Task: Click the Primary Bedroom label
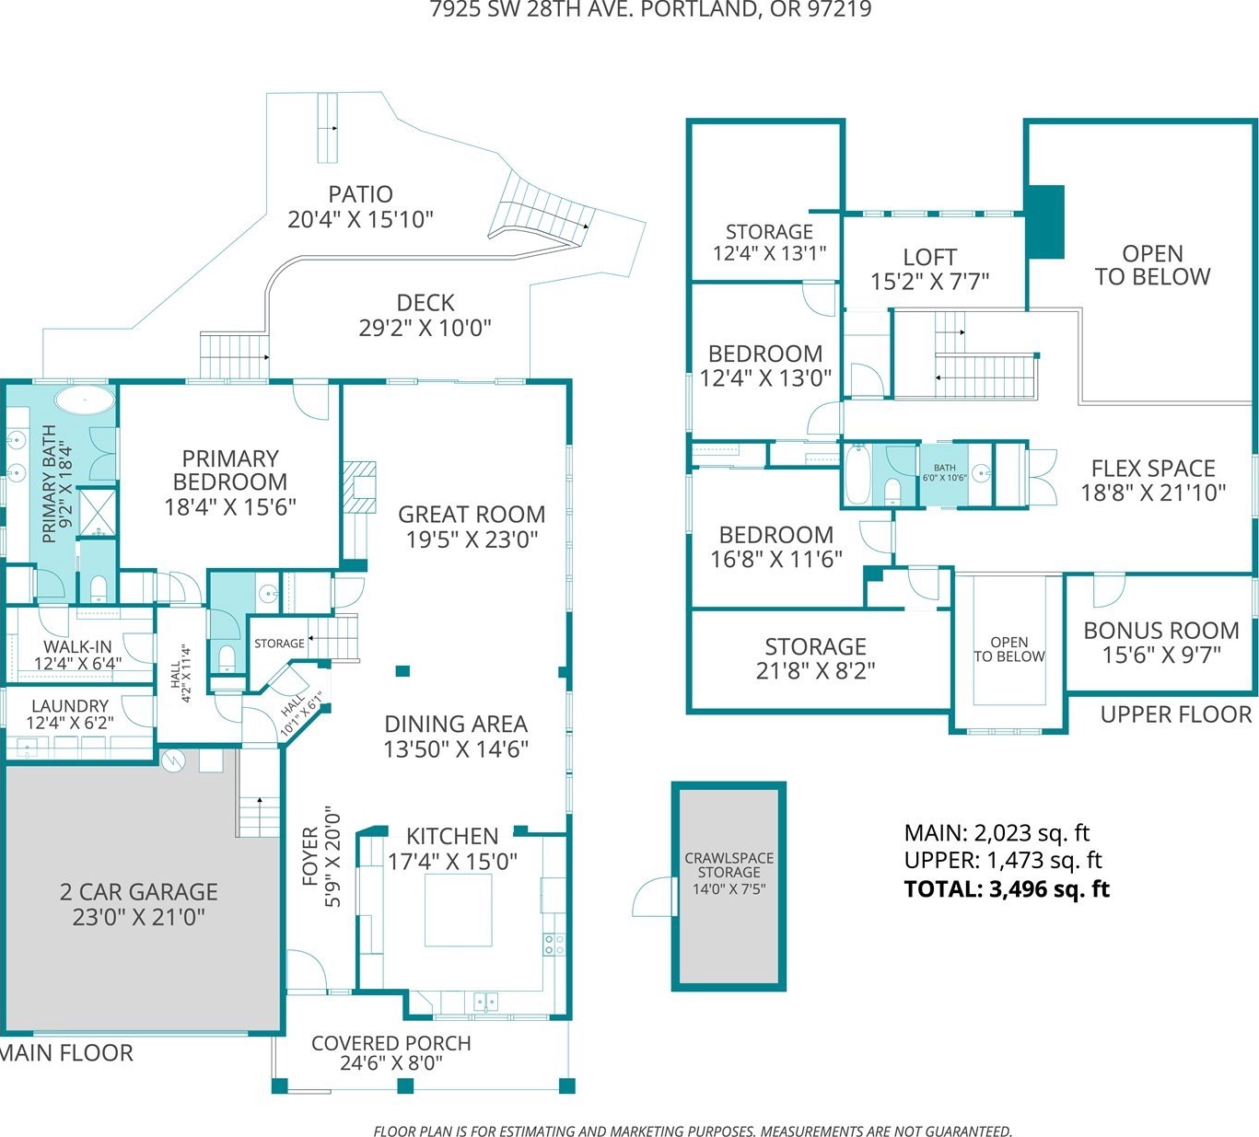point(229,470)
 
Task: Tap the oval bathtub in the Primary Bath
point(85,400)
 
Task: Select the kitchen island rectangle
point(458,910)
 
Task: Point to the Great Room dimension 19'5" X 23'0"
point(472,539)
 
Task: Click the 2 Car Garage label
point(138,891)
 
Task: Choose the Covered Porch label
point(391,1043)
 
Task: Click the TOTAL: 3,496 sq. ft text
point(1007,888)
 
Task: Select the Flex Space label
point(1153,468)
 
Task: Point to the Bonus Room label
point(1160,631)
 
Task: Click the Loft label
point(929,257)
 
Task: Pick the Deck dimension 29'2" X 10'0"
point(425,327)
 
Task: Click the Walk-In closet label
point(77,646)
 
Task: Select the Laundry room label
point(70,706)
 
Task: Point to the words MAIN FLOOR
point(66,1052)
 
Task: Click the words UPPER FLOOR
point(1175,714)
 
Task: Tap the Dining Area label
point(455,725)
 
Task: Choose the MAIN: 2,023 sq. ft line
point(997,833)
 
